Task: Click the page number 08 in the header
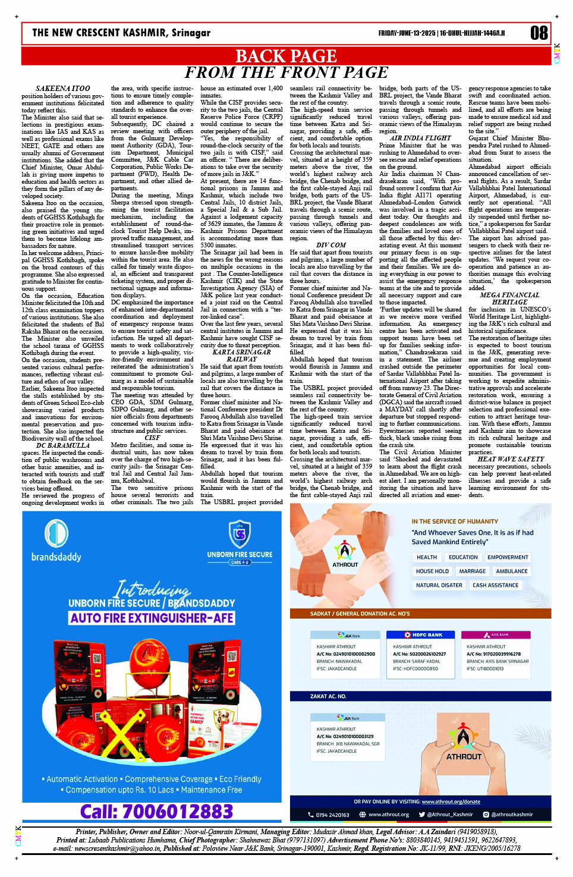click(x=539, y=33)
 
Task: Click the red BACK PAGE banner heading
click(x=286, y=56)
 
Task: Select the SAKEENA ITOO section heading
click(x=63, y=89)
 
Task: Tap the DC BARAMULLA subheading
click(x=63, y=445)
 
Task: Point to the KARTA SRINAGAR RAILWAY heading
click(x=241, y=356)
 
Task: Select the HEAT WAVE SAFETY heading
click(x=511, y=459)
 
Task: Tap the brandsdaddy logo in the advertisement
click(x=56, y=541)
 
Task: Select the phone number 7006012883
click(x=156, y=812)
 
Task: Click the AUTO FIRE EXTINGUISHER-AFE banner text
click(x=152, y=618)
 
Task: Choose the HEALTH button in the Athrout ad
click(x=427, y=557)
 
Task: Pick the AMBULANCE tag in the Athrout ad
click(x=512, y=571)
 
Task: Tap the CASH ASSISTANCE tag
click(x=495, y=585)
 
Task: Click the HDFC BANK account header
click(x=423, y=635)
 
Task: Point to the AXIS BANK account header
click(x=497, y=635)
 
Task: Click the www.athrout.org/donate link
click(x=451, y=801)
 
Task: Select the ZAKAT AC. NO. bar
click(x=329, y=696)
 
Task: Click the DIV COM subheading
click(x=331, y=245)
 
